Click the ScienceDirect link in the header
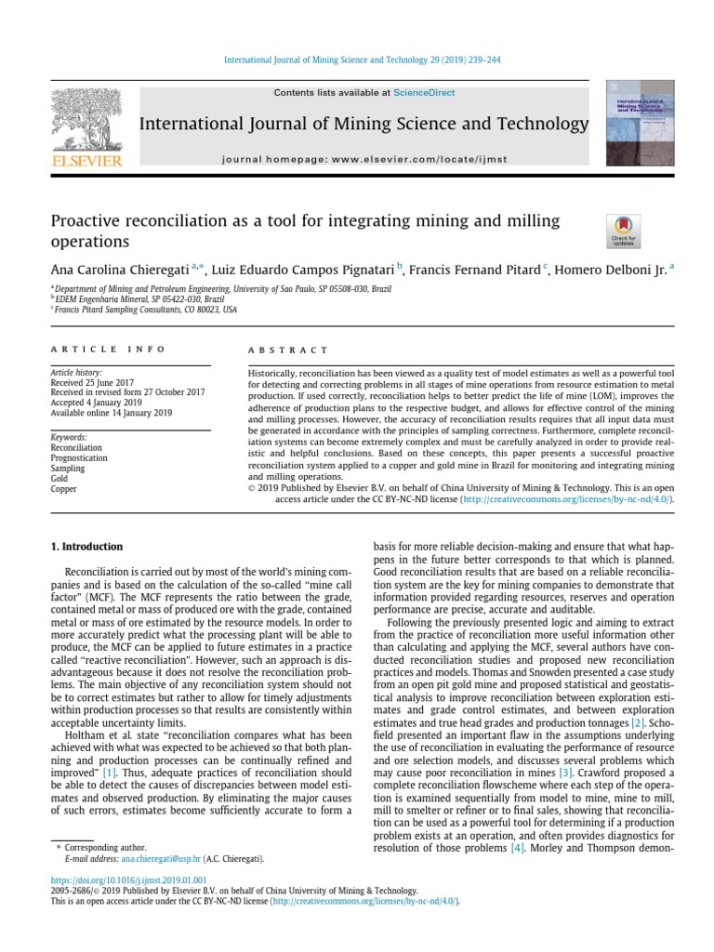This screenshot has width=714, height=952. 424,93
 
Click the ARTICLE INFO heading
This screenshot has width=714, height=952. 107,350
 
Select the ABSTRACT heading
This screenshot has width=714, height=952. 288,350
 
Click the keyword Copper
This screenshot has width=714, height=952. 63,488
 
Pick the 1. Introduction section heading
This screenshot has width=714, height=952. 86,547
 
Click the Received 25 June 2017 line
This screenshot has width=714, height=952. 92,382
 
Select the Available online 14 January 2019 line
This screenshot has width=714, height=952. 111,413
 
